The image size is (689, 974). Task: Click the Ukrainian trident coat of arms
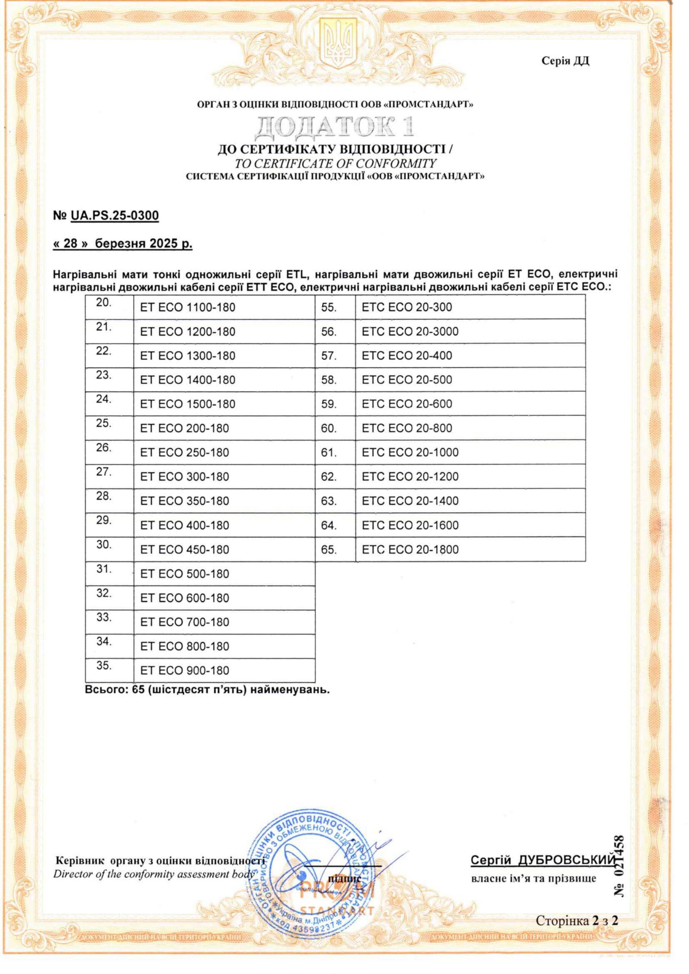338,44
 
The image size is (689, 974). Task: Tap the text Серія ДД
565,62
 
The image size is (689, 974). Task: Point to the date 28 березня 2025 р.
123,244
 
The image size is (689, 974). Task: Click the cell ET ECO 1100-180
188,307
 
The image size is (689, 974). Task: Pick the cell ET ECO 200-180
185,428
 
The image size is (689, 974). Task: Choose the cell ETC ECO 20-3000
410,332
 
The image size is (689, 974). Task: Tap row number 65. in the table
329,550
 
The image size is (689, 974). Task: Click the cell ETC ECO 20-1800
410,550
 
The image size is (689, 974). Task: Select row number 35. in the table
103,665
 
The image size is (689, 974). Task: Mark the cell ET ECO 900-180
185,671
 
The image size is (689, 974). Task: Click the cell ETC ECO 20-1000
410,453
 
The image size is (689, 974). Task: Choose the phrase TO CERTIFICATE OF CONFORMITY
335,163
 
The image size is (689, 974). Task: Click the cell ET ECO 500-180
185,574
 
